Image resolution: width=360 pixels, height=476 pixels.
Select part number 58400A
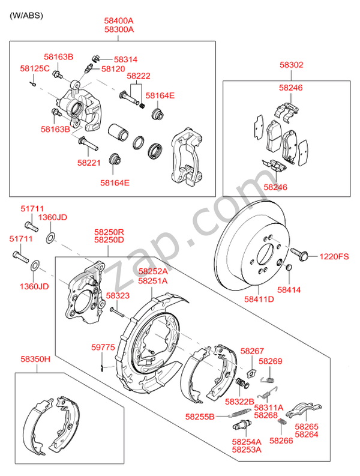[x=119, y=20]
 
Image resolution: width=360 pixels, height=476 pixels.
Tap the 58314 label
[x=125, y=59]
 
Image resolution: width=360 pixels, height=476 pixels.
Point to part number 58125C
[x=35, y=68]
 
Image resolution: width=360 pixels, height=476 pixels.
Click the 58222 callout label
[x=139, y=76]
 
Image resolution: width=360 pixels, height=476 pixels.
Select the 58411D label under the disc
[x=259, y=298]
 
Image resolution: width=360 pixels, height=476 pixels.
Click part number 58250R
[x=109, y=231]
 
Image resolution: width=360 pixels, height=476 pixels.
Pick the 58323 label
[x=118, y=296]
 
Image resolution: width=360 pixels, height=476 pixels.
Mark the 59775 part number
[x=103, y=348]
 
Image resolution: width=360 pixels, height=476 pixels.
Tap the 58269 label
[x=270, y=361]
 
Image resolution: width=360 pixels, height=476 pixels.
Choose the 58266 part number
[x=281, y=440]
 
